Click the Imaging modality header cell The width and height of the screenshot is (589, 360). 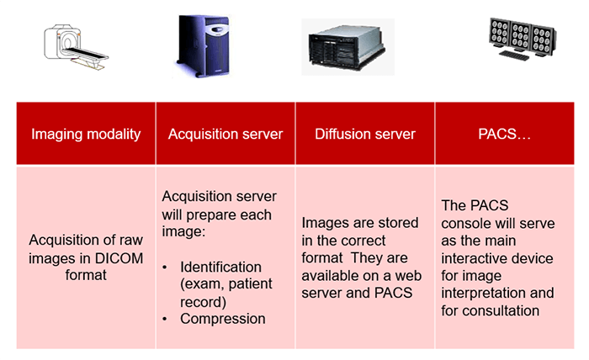pos(86,134)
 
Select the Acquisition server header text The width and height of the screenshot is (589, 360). pos(226,134)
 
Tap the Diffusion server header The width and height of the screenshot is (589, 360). pos(365,134)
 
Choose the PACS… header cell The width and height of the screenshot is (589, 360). pos(504,134)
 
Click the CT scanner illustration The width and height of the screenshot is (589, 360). pos(77,48)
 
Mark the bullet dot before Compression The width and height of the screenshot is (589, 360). pos(167,318)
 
